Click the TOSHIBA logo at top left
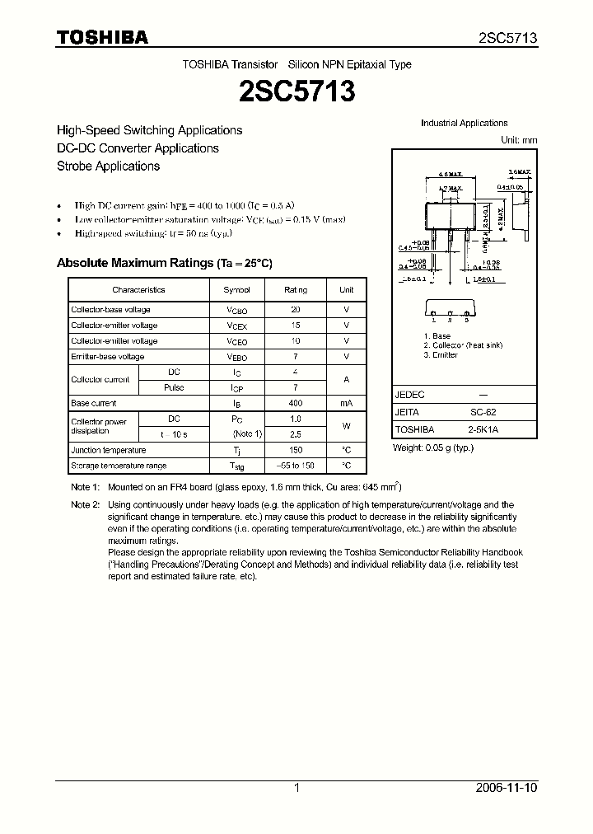[x=102, y=37]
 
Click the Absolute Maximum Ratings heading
[x=163, y=263]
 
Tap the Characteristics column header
[x=138, y=290]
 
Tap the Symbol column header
[x=236, y=290]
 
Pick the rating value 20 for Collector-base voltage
[x=296, y=310]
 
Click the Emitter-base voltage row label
[x=107, y=357]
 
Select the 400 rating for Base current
[x=296, y=404]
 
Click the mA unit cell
[x=346, y=404]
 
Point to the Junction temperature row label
[x=108, y=451]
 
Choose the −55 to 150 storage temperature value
[x=296, y=466]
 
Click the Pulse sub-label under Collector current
[x=174, y=387]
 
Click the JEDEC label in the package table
[x=409, y=395]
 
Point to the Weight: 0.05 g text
[x=432, y=447]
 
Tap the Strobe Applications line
[x=107, y=166]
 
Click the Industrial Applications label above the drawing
[x=464, y=124]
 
